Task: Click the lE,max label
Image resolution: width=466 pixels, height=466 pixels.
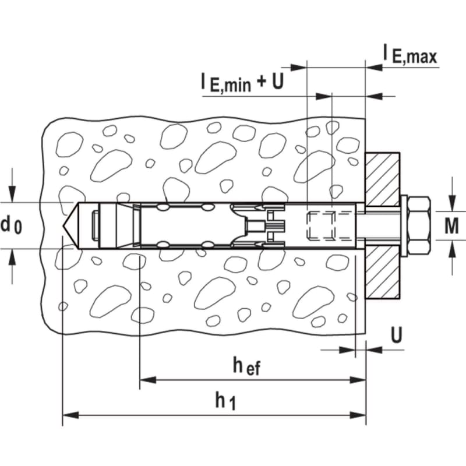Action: coord(409,54)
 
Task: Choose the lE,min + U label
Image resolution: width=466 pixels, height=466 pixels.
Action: coord(241,83)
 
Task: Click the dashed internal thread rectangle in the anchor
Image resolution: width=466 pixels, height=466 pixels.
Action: coord(322,225)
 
